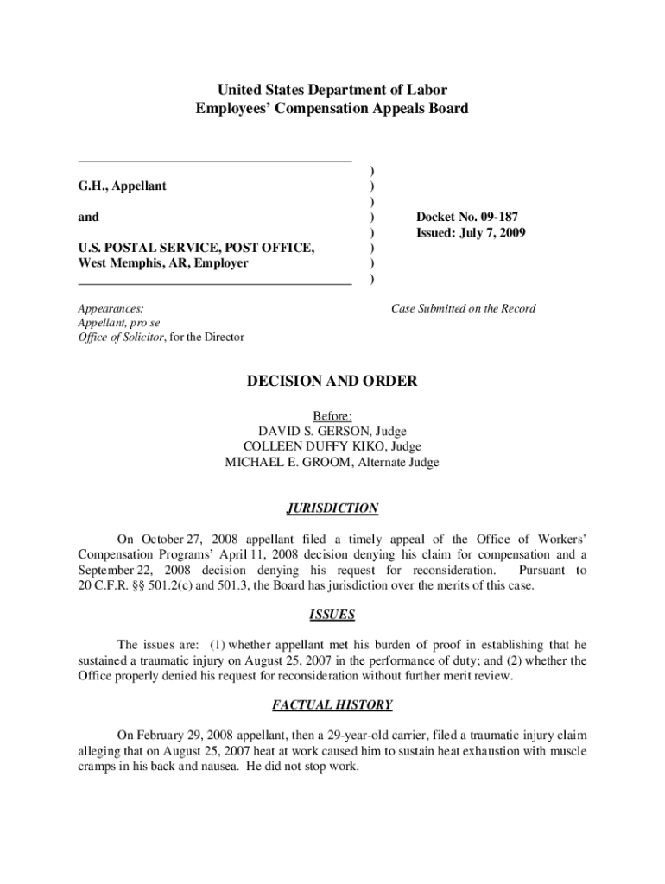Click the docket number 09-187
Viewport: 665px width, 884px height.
[x=496, y=217]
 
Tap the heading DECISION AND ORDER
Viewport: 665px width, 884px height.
[x=332, y=381]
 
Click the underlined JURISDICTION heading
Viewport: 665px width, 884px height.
[x=332, y=508]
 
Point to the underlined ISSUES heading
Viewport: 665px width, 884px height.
[x=332, y=616]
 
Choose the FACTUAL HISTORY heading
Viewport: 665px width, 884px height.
[x=332, y=705]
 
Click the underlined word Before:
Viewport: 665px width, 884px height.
[x=332, y=415]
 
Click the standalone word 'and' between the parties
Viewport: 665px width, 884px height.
[x=88, y=217]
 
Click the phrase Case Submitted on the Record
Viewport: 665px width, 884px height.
[x=463, y=308]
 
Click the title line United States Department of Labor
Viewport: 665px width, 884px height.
[x=332, y=90]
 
